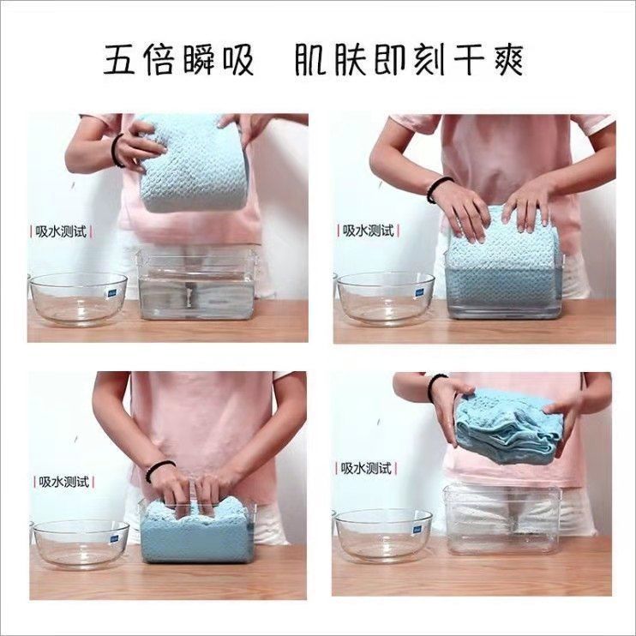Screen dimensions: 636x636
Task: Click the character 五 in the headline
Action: pos(118,60)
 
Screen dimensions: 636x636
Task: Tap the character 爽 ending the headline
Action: pos(507,60)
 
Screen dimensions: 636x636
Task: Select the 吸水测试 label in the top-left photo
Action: pos(61,231)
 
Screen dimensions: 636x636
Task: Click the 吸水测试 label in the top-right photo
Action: pos(369,231)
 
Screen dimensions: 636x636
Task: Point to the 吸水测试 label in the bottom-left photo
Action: pos(63,482)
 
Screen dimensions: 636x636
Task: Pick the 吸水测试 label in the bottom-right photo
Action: pos(366,469)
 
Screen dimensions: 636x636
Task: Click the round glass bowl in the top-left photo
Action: pos(78,299)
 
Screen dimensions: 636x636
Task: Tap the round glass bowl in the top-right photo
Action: pos(386,299)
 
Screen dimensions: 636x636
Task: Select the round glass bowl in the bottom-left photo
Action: pos(81,544)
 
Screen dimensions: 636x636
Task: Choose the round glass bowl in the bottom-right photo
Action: pos(383,536)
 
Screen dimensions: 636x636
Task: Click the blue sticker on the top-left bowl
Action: pos(111,293)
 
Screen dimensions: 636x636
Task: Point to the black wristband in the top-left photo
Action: pos(116,151)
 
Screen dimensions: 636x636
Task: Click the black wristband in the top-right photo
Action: pos(437,189)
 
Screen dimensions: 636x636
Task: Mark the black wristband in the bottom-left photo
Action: pos(159,471)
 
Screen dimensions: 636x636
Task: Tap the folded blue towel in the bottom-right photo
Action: pos(510,426)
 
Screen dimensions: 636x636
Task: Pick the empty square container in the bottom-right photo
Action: pos(503,520)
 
